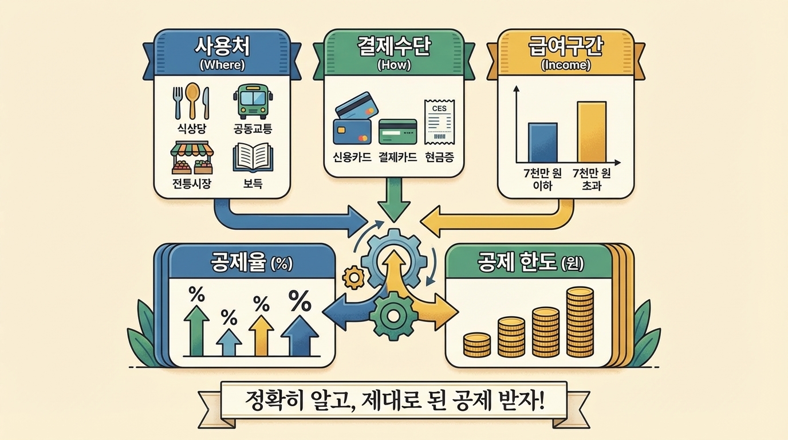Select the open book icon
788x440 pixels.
tap(253, 158)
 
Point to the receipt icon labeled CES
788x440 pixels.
tap(439, 122)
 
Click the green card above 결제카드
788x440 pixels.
tap(397, 131)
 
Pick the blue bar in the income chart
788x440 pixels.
tap(542, 143)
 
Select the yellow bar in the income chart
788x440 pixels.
tap(591, 132)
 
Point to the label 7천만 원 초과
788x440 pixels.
tap(591, 180)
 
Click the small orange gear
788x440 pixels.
tap(353, 277)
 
